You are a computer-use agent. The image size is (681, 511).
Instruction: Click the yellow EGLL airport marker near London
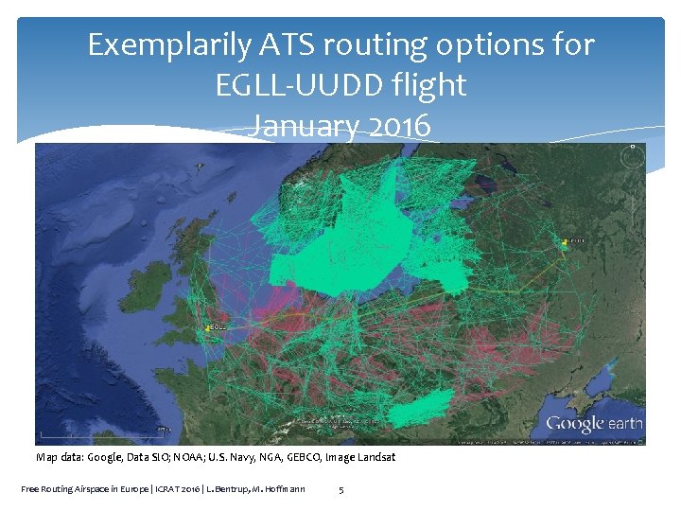pos(206,328)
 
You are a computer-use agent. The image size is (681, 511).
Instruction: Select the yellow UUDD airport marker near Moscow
pos(565,243)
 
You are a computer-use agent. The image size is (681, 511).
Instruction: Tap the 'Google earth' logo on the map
pos(594,424)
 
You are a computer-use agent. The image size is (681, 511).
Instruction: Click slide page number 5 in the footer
pos(341,489)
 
